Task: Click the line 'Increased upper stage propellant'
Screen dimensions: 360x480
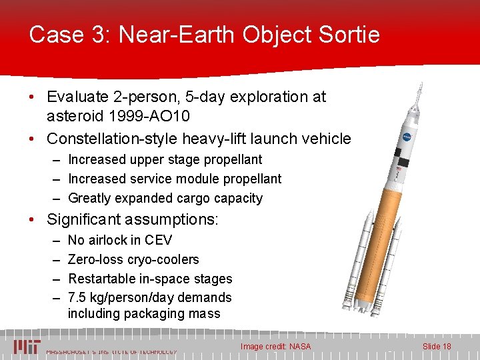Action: point(165,160)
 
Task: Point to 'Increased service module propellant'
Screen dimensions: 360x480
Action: point(175,179)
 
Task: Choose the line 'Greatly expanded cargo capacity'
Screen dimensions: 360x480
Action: point(165,198)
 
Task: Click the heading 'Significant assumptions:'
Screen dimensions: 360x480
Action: point(133,219)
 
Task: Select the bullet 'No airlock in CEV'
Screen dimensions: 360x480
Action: point(120,241)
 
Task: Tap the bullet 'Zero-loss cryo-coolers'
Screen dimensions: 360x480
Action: point(133,259)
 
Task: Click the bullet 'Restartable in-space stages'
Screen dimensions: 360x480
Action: point(150,279)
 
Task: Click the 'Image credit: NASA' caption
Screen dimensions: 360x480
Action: point(275,347)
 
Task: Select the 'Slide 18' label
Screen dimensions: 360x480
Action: point(437,347)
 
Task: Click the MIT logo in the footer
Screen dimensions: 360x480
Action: point(27,347)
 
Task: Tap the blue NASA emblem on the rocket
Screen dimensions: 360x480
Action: point(406,138)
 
